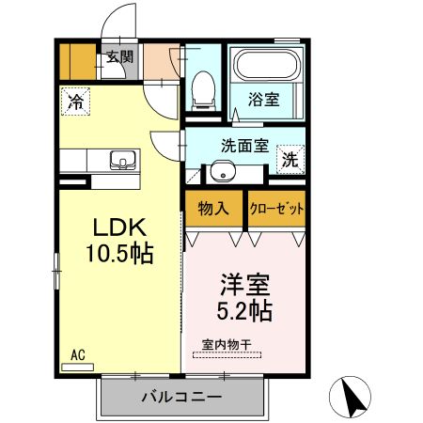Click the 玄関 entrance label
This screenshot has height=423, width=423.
(x=120, y=56)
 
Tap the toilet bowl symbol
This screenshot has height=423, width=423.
(x=204, y=91)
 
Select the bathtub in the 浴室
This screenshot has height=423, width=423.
(x=267, y=64)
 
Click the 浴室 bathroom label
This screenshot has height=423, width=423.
(x=264, y=99)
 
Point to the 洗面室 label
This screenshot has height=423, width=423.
(x=245, y=146)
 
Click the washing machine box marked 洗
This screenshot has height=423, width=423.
(x=290, y=159)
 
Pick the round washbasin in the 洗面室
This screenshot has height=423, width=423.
(x=223, y=171)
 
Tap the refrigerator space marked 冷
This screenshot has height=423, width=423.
(x=75, y=102)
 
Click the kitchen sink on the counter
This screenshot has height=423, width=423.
(x=123, y=160)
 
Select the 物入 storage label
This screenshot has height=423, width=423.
(x=213, y=209)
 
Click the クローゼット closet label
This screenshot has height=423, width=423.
(x=276, y=209)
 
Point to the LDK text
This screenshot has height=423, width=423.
(x=120, y=227)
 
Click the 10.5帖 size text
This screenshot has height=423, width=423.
(x=120, y=253)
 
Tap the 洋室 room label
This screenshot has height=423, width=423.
(x=245, y=285)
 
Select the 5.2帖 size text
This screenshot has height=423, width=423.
(x=244, y=311)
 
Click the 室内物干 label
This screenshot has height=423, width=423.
(x=227, y=345)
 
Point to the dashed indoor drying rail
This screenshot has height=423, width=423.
(x=227, y=355)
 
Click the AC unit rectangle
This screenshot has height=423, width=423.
(x=77, y=367)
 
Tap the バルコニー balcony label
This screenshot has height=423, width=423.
(x=182, y=398)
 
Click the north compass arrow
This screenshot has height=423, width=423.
(x=352, y=397)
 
